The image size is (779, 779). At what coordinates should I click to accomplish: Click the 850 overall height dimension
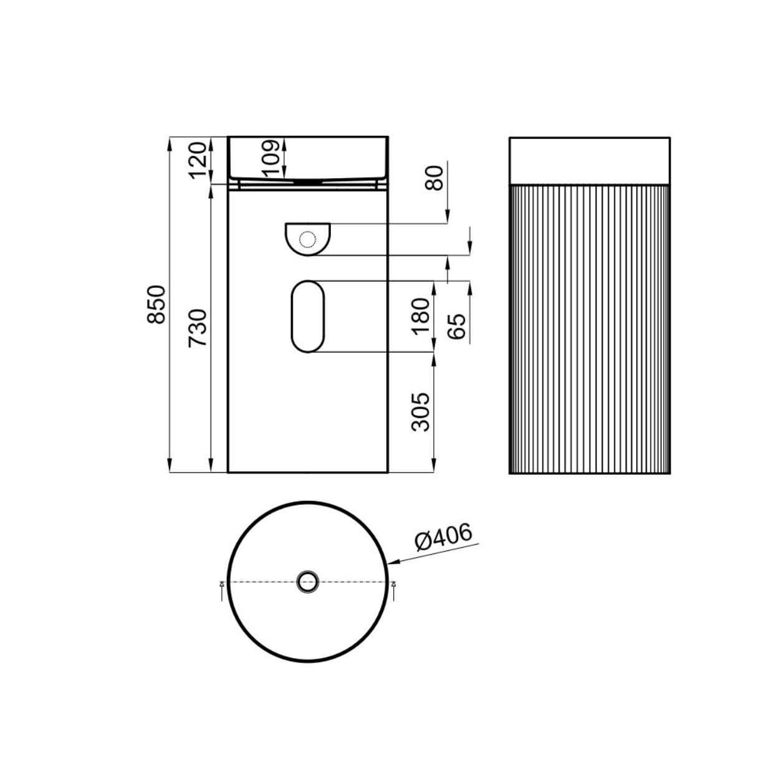point(156,305)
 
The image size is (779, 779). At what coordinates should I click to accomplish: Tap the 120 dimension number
point(198,160)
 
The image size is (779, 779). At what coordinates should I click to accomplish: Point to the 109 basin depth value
point(270,158)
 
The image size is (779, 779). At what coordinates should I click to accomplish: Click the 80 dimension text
point(434,178)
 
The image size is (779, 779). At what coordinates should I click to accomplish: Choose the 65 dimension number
point(457,327)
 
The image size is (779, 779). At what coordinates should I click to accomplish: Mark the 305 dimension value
point(421,412)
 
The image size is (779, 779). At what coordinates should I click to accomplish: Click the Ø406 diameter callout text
point(444,537)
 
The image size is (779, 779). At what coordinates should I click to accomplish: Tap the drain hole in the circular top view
point(308,582)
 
